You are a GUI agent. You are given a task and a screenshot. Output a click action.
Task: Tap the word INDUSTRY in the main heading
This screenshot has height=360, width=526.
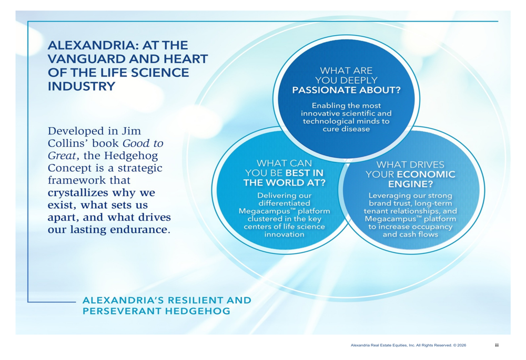82,87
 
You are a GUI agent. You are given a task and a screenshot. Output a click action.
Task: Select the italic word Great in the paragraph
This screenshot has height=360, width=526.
62,156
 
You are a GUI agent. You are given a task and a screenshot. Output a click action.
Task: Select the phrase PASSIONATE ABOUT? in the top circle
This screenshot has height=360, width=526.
346,90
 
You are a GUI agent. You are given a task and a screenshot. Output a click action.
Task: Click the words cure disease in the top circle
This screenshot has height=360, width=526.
346,129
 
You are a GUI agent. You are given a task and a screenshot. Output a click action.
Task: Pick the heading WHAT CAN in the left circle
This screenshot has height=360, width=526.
284,163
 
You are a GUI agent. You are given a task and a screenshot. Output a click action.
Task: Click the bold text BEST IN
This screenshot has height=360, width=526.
304,173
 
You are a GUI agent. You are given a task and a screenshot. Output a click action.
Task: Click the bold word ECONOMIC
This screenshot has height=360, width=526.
426,174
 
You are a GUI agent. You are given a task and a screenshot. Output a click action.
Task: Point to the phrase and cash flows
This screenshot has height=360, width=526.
411,234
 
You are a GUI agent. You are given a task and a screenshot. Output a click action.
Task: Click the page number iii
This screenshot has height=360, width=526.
497,345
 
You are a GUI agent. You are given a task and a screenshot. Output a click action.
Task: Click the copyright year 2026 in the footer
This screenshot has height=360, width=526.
462,345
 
